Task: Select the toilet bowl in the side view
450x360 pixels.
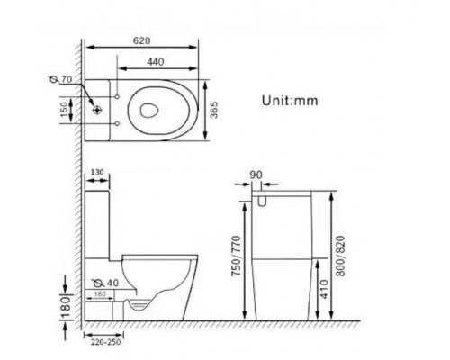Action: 162,283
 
